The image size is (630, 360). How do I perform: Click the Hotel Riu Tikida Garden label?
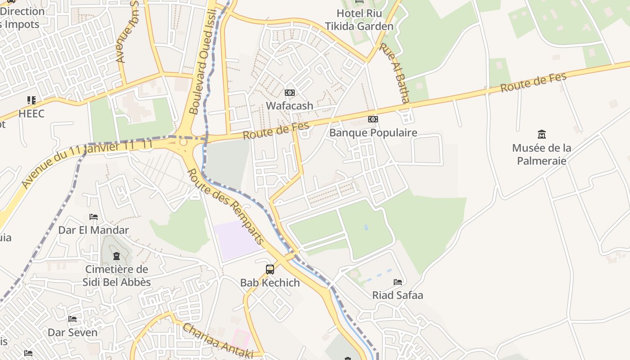tap(359, 20)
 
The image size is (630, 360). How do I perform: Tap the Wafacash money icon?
tap(290, 93)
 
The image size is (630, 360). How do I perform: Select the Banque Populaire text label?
tap(373, 132)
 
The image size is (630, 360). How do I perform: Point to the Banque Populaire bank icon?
tap(373, 119)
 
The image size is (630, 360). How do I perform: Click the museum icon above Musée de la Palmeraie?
tap(542, 135)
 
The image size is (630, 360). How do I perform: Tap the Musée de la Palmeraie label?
tap(542, 154)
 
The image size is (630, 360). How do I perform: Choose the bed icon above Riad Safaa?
tap(398, 282)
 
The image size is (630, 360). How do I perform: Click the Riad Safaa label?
tap(398, 295)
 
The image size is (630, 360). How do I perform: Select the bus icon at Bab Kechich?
tap(270, 270)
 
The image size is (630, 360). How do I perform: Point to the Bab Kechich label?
tap(270, 283)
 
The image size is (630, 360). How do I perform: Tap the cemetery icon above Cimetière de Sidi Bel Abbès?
tap(117, 256)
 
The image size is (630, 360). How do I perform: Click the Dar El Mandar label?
tap(94, 230)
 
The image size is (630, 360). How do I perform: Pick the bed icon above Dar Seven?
tap(72, 319)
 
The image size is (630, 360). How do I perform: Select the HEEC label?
tap(31, 113)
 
